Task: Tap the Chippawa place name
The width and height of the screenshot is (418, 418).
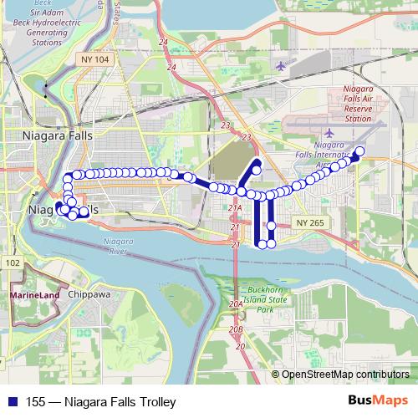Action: (x=90, y=294)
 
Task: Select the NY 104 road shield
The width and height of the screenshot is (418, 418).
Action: (x=97, y=60)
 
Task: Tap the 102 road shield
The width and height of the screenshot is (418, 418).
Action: (x=12, y=263)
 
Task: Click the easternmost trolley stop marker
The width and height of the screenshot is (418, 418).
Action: (x=360, y=151)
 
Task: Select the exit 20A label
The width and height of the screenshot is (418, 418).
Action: (x=236, y=303)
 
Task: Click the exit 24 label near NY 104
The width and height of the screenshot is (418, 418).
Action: (x=163, y=42)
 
